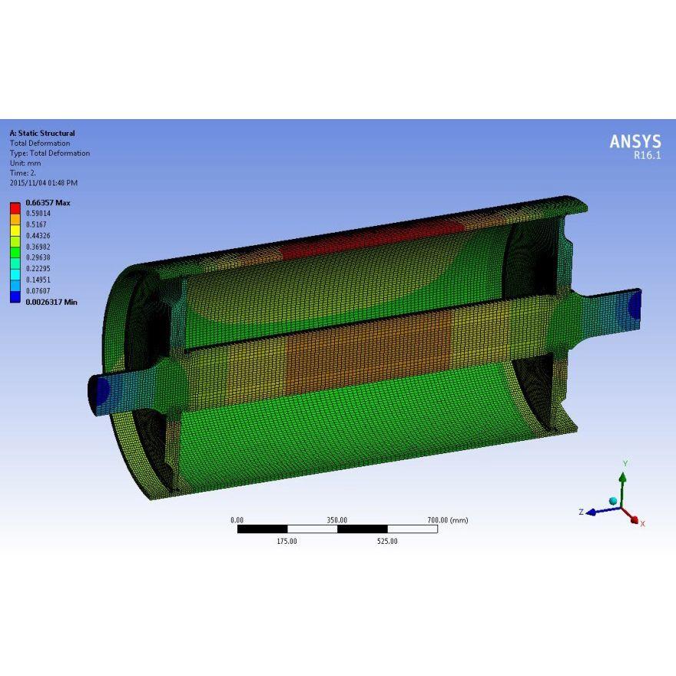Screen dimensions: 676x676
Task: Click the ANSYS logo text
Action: (635, 141)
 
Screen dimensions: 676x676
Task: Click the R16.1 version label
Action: (647, 156)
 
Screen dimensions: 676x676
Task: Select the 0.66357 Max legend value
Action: (48, 203)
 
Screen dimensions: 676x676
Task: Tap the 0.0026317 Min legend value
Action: (51, 302)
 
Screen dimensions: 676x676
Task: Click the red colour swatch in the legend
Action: (15, 208)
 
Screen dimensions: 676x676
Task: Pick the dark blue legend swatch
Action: (15, 297)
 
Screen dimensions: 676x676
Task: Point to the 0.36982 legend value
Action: (38, 247)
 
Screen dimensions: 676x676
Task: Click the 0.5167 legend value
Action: (36, 224)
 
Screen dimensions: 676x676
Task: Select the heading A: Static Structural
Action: (42, 133)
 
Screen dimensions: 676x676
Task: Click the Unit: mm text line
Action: (25, 163)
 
